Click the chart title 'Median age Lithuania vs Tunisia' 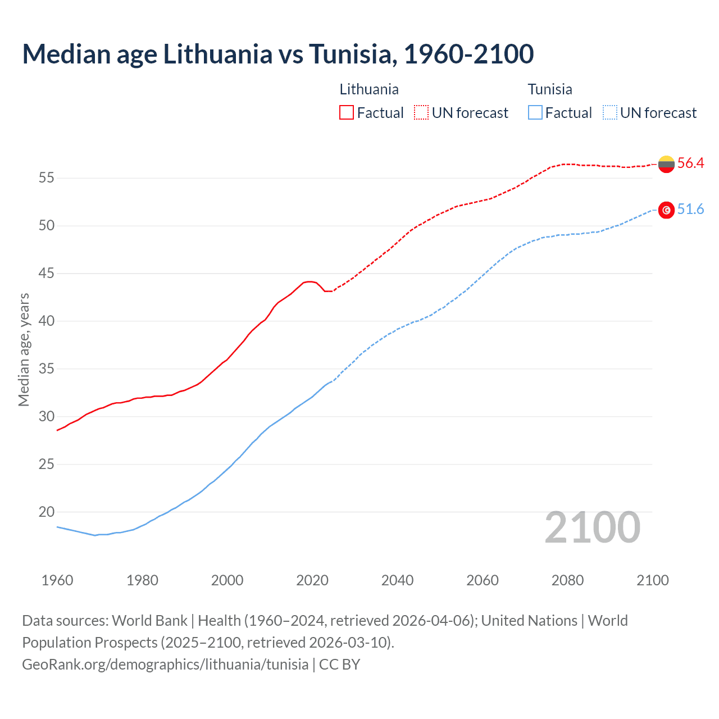[x=277, y=54]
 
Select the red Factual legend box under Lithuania [x=347, y=112]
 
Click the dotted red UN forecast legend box [x=421, y=112]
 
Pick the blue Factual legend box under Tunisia [x=535, y=112]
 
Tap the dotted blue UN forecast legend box [x=609, y=112]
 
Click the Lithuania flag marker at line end [x=666, y=164]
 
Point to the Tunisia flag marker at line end [x=666, y=210]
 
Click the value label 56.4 [x=690, y=163]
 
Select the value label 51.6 [x=690, y=210]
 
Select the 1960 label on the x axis [x=57, y=580]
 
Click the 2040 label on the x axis [x=397, y=580]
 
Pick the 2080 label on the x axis [x=567, y=580]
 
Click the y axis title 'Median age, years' [x=24, y=349]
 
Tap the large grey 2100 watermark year [x=592, y=527]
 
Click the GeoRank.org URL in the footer [x=165, y=665]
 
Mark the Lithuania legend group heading [x=369, y=89]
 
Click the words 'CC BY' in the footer [x=339, y=665]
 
